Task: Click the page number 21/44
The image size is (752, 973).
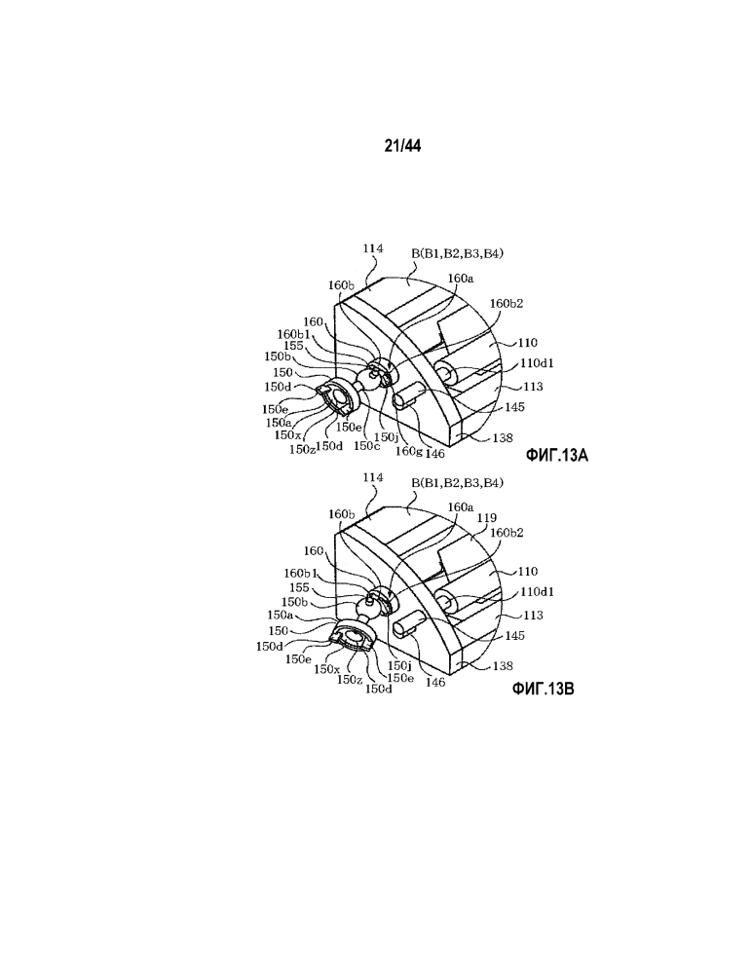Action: pos(402,146)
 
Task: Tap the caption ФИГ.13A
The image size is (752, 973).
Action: pos(556,456)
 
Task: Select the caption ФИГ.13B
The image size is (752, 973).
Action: pos(543,689)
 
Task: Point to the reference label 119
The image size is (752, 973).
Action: pos(486,517)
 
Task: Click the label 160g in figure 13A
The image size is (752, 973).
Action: pos(409,451)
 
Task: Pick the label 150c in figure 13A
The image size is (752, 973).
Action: pos(366,445)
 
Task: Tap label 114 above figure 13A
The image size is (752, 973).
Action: pos(373,248)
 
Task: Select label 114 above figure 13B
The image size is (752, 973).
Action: pos(373,478)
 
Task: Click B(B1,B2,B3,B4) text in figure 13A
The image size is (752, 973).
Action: pos(457,254)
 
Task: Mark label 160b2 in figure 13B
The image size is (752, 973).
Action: pos(507,533)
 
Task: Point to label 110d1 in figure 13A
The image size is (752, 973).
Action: pos(537,363)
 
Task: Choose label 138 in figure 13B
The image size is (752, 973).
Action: pos(503,666)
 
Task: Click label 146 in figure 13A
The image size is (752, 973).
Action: pos(435,454)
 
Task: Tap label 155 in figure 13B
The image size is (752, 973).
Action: pos(300,587)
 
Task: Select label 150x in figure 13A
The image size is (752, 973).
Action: pos(288,435)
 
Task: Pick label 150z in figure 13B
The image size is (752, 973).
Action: pos(350,680)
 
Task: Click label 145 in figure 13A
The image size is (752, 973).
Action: pos(514,407)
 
